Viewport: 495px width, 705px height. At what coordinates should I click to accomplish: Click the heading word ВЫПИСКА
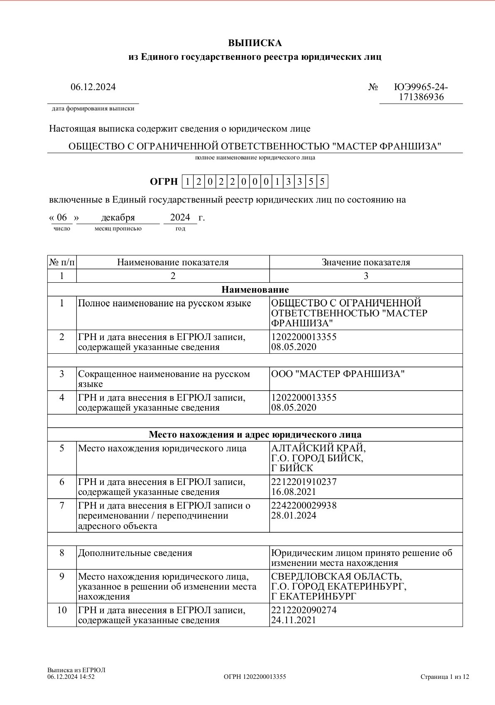click(255, 43)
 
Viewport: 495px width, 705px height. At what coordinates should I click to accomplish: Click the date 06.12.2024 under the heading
click(93, 87)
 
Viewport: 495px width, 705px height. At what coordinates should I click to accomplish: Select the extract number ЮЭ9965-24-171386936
click(421, 92)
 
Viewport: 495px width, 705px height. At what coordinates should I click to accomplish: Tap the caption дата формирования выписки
click(93, 109)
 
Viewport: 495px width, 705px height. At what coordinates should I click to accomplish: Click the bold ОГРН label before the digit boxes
click(164, 182)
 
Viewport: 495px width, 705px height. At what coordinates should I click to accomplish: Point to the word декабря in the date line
click(118, 218)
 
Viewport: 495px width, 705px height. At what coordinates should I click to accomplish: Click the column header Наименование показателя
click(173, 262)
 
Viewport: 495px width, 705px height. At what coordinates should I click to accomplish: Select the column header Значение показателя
click(366, 262)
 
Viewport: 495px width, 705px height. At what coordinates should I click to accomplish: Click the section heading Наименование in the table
click(255, 289)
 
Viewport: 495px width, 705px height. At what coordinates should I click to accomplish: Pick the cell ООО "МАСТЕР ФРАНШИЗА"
click(338, 374)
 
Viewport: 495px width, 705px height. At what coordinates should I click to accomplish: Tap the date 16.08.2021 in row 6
click(294, 492)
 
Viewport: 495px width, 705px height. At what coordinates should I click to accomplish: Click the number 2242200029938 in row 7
click(304, 506)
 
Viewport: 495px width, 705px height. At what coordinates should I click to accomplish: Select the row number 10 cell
click(62, 610)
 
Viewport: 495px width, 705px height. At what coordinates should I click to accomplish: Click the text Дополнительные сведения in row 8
click(135, 553)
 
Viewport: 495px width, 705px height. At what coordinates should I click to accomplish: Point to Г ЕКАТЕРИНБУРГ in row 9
click(314, 597)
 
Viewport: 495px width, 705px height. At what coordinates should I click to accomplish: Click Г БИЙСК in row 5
click(292, 468)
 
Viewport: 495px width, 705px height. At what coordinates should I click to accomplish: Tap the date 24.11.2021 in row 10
click(294, 620)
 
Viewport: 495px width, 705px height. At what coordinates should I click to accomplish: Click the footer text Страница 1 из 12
click(445, 677)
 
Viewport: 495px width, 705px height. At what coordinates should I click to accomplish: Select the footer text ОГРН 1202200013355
click(255, 677)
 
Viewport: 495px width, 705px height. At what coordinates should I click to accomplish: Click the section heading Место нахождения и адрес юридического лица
click(255, 435)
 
